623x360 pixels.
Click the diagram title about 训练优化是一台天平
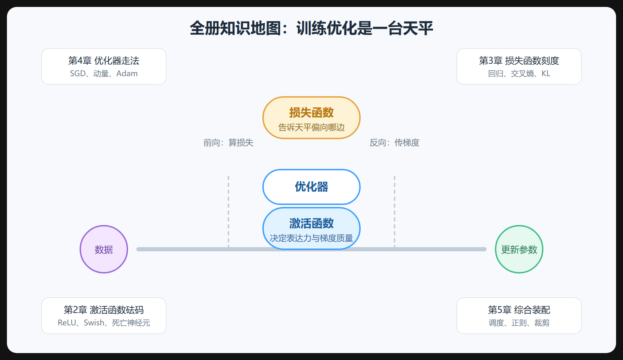311,28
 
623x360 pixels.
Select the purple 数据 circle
104,249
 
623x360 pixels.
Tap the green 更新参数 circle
519,249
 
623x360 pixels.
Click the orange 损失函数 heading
311,112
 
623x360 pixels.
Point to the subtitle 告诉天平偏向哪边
311,127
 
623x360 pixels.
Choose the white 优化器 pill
311,187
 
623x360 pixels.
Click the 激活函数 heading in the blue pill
311,223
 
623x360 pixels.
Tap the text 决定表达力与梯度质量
311,238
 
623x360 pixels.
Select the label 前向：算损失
228,143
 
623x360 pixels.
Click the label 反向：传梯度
395,143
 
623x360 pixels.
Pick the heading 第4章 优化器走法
104,61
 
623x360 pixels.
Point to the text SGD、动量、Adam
104,73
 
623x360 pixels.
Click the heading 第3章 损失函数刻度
519,61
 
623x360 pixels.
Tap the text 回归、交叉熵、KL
519,73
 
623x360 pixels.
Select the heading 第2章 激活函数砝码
104,310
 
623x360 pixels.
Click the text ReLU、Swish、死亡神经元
104,323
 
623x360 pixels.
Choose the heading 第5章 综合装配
519,310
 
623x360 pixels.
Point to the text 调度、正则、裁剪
519,323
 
